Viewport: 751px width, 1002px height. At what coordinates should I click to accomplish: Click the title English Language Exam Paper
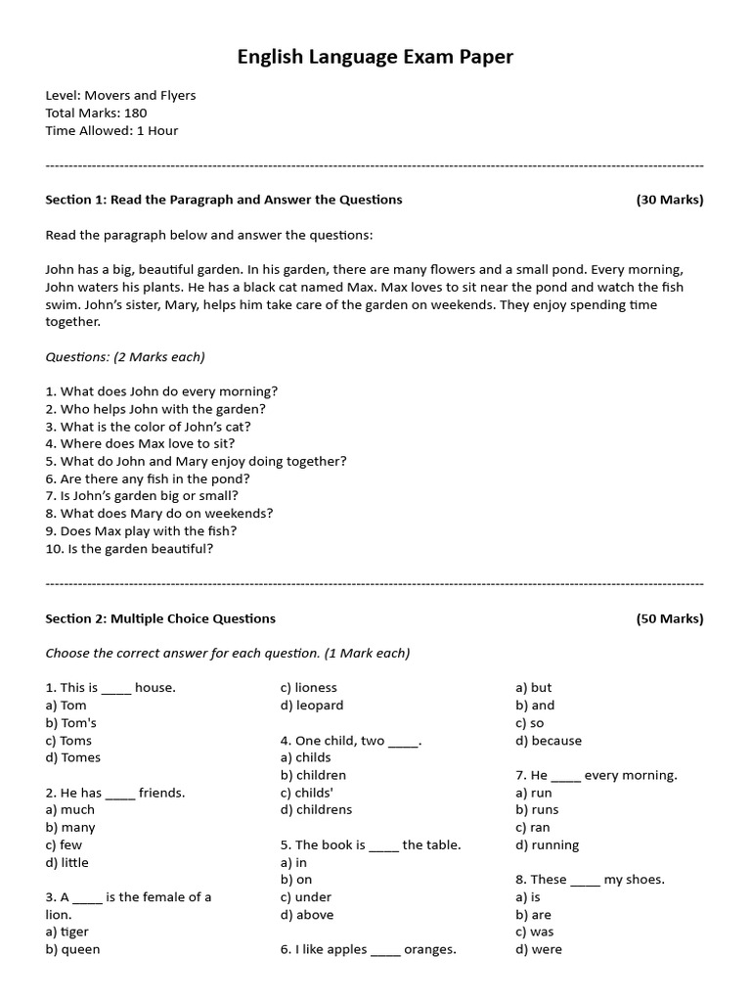375,58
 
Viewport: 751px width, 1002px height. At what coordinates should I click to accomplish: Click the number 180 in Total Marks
136,113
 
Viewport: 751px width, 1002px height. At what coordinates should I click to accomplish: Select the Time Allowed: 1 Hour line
111,130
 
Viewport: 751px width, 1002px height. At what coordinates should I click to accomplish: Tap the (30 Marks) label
669,200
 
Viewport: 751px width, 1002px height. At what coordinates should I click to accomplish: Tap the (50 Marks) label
669,618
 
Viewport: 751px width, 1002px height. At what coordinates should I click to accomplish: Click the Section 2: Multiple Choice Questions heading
160,618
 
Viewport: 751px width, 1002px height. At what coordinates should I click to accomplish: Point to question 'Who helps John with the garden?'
155,409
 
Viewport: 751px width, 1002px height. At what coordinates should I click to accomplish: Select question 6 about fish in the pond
148,478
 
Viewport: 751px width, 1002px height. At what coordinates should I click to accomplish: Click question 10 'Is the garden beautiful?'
129,548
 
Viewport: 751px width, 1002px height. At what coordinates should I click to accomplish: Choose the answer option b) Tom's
71,723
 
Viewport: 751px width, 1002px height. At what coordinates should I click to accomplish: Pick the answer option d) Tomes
73,757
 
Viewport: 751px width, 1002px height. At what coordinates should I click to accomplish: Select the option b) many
70,827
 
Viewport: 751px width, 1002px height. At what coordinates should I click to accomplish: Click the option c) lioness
308,688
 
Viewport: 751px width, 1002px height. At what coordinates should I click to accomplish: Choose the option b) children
313,775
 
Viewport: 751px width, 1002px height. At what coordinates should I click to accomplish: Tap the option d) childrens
316,809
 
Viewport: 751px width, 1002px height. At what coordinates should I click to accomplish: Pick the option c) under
306,896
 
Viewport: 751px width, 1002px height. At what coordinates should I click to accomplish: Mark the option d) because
549,741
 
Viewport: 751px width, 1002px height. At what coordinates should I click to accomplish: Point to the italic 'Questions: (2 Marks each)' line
125,356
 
